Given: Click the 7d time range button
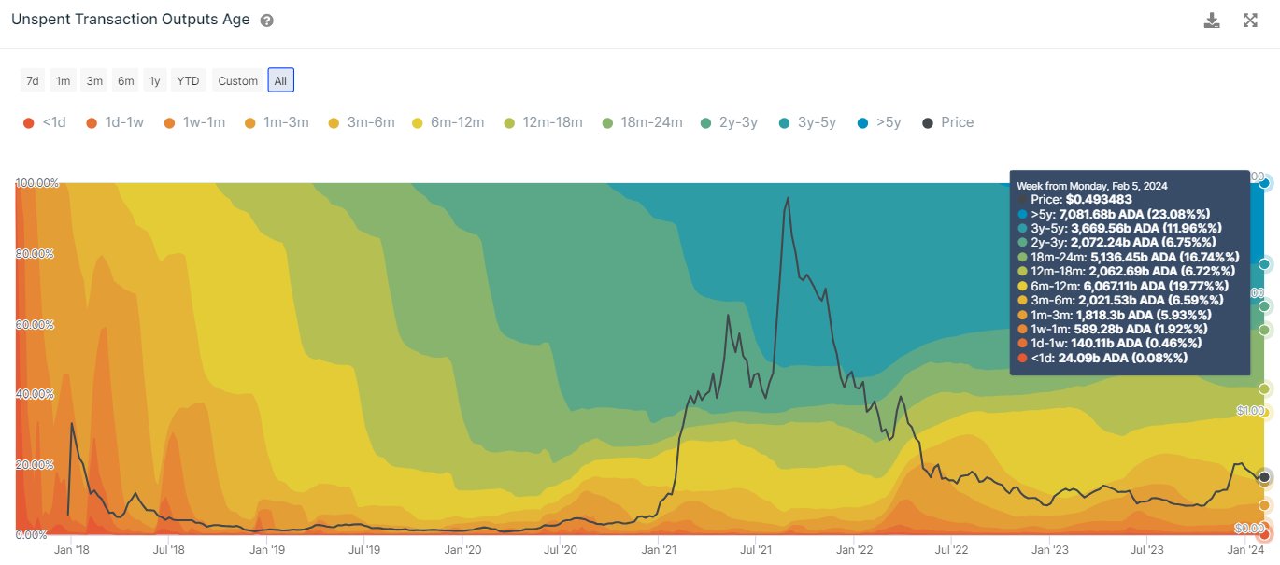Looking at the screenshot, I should click(x=33, y=80).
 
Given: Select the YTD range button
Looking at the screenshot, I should click(x=188, y=80).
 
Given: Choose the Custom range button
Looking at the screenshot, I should click(x=237, y=80).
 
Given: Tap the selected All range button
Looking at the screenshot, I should click(x=280, y=80).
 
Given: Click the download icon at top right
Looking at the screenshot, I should click(x=1212, y=21).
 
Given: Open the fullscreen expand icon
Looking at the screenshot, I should click(x=1250, y=21).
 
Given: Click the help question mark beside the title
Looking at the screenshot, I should click(x=267, y=21).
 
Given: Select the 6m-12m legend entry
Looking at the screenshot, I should click(x=445, y=122).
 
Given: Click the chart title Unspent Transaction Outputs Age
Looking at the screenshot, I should click(x=130, y=20).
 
